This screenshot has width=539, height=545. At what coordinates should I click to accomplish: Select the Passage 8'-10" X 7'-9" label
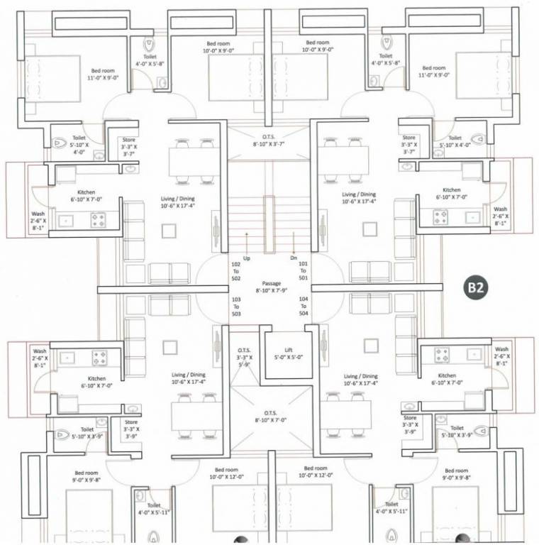point(272,287)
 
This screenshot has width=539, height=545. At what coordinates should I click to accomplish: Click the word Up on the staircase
point(246,258)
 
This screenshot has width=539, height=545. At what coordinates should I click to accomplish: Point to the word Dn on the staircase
point(293,258)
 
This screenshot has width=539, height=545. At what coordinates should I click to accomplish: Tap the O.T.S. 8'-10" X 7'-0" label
point(269,415)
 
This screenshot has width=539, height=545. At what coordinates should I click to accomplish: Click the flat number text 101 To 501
point(304,272)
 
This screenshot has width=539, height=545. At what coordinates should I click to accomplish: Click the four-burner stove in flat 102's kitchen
point(97,220)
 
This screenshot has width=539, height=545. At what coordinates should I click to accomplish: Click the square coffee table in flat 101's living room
point(368,229)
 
